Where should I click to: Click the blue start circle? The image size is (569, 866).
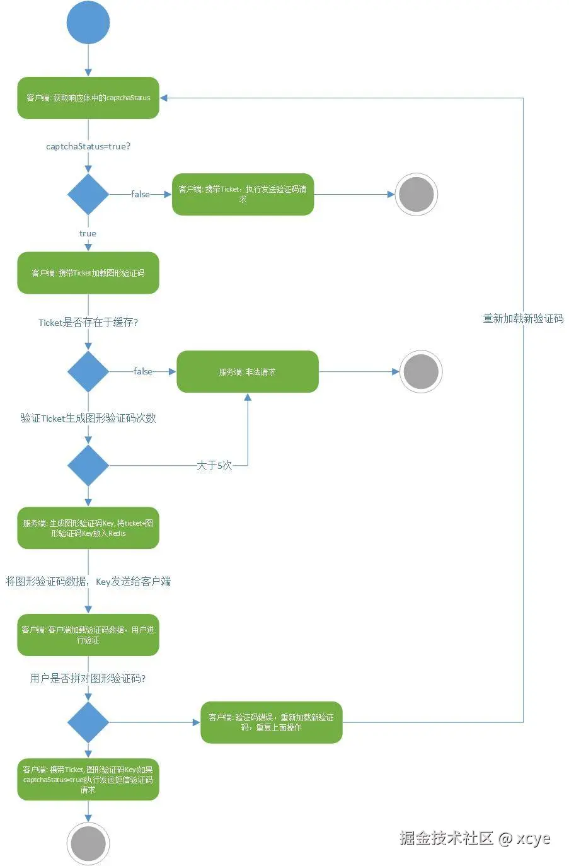(x=88, y=22)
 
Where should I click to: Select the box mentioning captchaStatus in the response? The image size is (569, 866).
(x=88, y=98)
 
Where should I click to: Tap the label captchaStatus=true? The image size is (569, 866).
(x=88, y=146)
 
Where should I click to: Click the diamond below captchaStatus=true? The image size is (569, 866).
(x=88, y=194)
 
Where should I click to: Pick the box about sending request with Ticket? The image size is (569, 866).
(x=243, y=194)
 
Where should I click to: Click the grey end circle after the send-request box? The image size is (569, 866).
(x=416, y=194)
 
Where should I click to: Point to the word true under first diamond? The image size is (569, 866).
(x=88, y=233)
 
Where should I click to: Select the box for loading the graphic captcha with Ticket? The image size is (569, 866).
(x=88, y=273)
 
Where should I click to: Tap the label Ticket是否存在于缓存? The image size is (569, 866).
(x=88, y=323)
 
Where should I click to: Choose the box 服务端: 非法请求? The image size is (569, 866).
(x=247, y=372)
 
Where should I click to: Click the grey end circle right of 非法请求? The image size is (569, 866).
(x=420, y=372)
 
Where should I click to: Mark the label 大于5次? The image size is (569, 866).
(x=214, y=465)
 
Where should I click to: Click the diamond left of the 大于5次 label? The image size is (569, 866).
(x=88, y=465)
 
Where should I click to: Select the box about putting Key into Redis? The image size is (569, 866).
(x=88, y=528)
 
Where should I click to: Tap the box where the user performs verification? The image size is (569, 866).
(x=88, y=635)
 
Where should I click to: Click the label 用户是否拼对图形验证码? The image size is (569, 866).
(x=88, y=678)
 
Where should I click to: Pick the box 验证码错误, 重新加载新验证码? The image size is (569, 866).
(x=271, y=722)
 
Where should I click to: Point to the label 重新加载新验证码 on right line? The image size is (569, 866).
(x=523, y=319)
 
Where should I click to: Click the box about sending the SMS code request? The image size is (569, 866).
(x=88, y=780)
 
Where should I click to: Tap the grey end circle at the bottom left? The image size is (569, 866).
(x=88, y=843)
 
